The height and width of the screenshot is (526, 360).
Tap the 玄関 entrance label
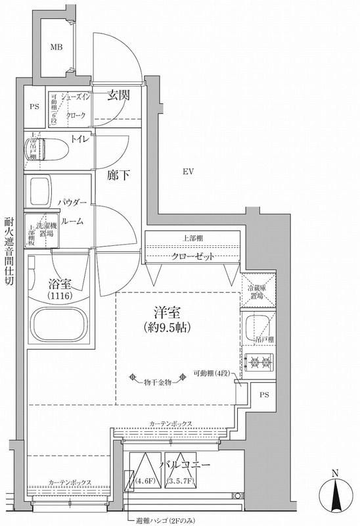pyautogui.click(x=118, y=95)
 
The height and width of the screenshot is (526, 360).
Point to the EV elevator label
pyautogui.click(x=187, y=172)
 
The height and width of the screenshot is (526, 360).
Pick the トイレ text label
pyautogui.click(x=80, y=140)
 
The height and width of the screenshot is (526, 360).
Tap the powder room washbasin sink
pyautogui.click(x=39, y=191)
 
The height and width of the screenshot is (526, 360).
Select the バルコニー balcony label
pyautogui.click(x=188, y=465)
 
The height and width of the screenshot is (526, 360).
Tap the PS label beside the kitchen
pyautogui.click(x=264, y=395)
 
